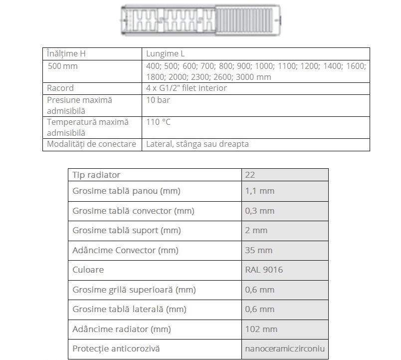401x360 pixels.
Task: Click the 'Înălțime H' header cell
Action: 70,54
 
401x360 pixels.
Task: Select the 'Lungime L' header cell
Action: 166,54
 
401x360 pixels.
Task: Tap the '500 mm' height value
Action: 63,66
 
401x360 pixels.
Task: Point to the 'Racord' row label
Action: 60,88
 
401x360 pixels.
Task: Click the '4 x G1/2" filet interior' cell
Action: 187,88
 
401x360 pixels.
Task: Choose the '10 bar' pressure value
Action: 158,100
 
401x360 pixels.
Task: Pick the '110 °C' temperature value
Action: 159,122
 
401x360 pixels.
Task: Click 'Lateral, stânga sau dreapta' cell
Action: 198,144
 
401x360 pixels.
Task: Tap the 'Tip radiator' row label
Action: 96,175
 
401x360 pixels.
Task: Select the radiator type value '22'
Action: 250,175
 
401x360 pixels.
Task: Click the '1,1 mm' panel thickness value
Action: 259,191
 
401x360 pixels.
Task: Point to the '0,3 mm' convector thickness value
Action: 259,211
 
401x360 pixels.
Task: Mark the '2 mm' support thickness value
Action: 256,230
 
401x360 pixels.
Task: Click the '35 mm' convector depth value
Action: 258,250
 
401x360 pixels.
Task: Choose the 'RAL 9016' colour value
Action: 264,270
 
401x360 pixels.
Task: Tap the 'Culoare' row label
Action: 88,270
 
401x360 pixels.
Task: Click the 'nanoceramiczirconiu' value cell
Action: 285,349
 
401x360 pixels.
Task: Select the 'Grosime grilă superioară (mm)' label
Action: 134,290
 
